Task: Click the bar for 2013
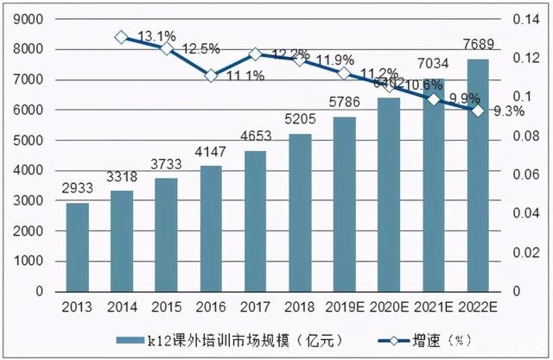coord(78,247)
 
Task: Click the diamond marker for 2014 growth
coord(122,37)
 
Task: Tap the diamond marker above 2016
coord(210,75)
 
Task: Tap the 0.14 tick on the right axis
coord(524,19)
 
